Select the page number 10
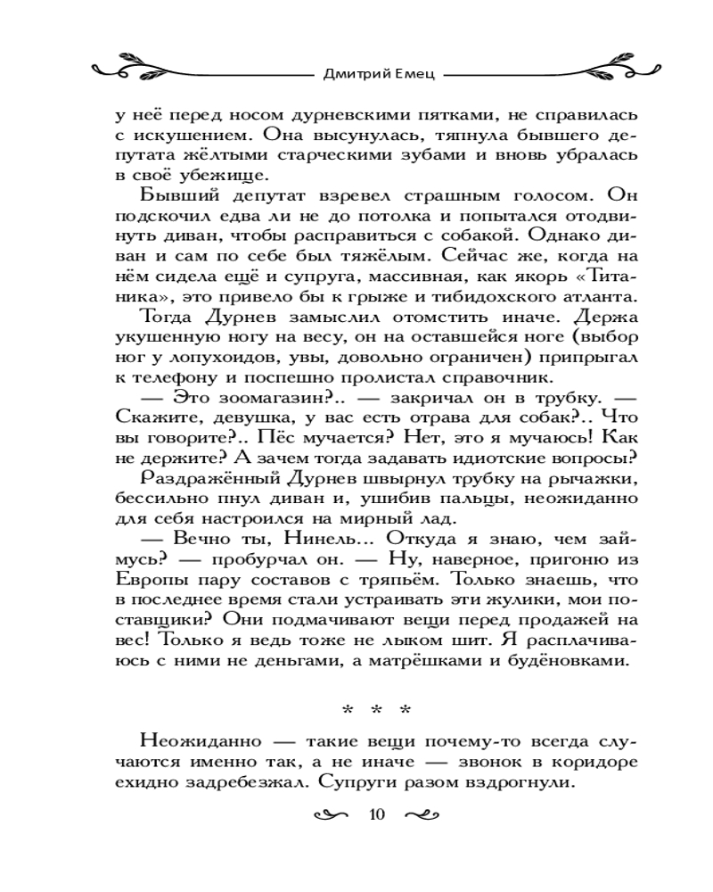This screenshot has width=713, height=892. tap(375, 815)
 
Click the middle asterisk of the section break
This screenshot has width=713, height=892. tap(375, 711)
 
